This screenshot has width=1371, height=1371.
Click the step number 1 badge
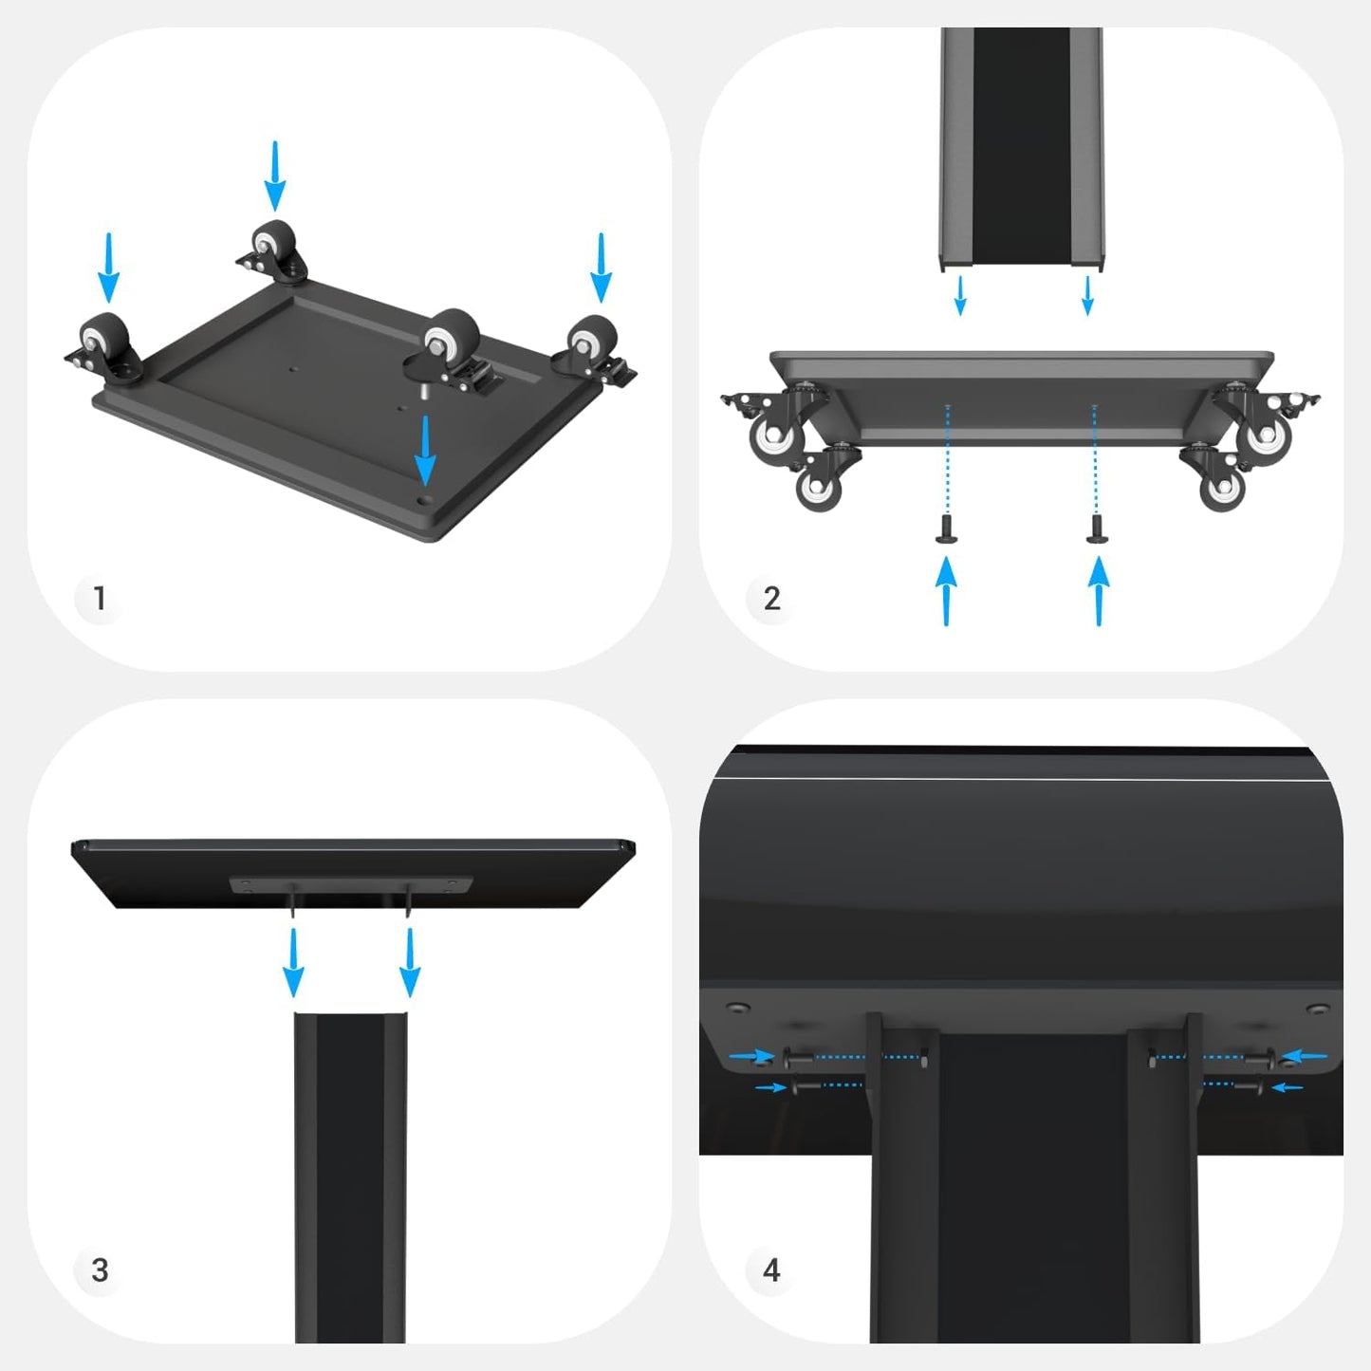click(100, 598)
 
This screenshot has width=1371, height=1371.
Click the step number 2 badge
click(771, 599)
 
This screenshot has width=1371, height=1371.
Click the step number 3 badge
click(100, 1270)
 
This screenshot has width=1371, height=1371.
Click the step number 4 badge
click(771, 1270)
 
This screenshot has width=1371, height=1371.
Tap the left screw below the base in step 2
click(946, 528)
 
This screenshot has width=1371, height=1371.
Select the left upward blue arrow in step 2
click(946, 591)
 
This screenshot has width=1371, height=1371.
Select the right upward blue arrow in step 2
click(1099, 591)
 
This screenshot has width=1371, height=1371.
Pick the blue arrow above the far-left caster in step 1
click(109, 268)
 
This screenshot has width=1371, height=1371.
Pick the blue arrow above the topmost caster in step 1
click(275, 176)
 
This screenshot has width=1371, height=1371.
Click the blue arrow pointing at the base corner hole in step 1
click(425, 451)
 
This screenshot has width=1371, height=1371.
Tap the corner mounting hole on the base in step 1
click(425, 500)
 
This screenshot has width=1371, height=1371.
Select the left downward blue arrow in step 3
click(293, 963)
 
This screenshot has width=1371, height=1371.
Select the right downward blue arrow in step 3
click(410, 963)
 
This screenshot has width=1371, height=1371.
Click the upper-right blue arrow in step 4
click(1304, 1056)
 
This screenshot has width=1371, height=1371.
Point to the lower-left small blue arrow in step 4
click(770, 1087)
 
